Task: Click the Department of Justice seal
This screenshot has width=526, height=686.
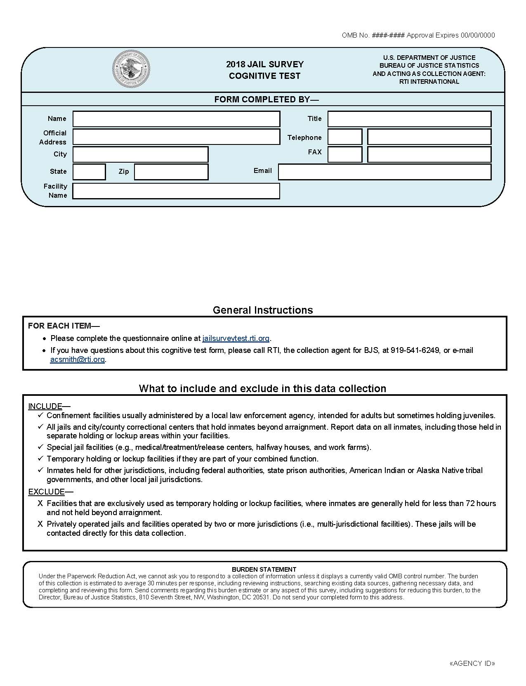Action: coord(131,69)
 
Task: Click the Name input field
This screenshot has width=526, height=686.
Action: coord(176,119)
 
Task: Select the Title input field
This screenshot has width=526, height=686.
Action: coord(409,119)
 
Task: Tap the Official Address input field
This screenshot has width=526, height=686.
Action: coord(176,137)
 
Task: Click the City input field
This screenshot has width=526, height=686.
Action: coord(140,154)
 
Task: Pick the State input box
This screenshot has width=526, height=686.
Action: coord(89,172)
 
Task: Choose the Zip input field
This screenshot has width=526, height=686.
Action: coord(171,172)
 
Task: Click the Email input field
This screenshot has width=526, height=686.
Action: coord(384,172)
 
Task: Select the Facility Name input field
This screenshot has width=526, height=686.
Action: coord(176,191)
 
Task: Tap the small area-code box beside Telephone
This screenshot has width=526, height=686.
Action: coord(345,137)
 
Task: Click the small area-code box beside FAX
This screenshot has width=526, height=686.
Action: coord(345,154)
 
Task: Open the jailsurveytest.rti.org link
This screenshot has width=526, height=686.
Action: coord(236,338)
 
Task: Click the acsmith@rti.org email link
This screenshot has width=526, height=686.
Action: coord(77,360)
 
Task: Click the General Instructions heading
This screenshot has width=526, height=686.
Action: coord(263,310)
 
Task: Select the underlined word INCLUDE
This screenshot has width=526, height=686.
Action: coord(45,406)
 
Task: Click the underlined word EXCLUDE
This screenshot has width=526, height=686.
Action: coord(46,492)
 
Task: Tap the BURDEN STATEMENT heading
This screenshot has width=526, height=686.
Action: coord(264,569)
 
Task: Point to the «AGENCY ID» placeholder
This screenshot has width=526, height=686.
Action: coord(472,663)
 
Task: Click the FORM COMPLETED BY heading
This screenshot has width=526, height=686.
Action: coord(266,99)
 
